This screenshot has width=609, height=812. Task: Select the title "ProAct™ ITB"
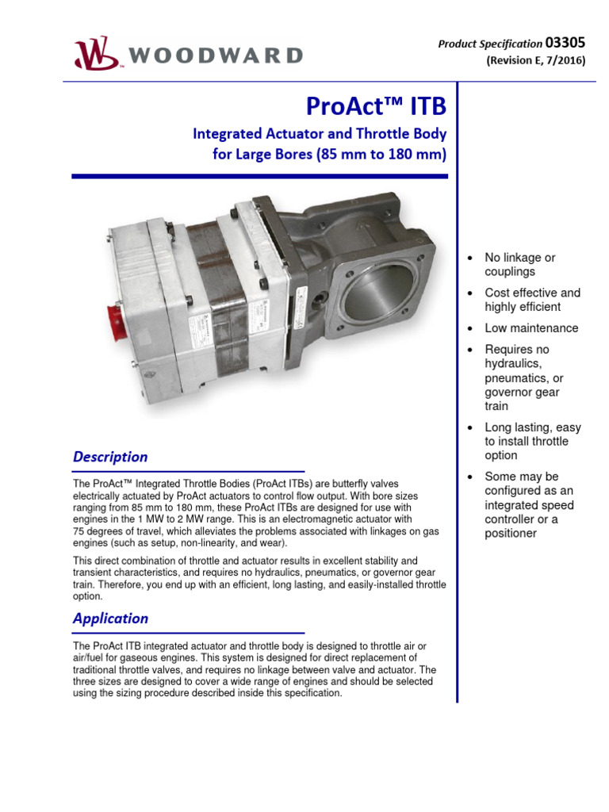pyautogui.click(x=376, y=107)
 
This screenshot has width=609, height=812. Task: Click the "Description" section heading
pyautogui.click(x=110, y=457)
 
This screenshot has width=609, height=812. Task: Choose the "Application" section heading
pyautogui.click(x=110, y=618)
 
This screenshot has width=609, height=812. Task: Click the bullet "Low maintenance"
pyautogui.click(x=531, y=328)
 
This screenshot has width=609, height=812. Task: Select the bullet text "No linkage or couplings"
pyautogui.click(x=520, y=265)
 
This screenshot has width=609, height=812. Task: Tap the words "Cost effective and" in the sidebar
pyautogui.click(x=532, y=293)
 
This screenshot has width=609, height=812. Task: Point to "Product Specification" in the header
pyautogui.click(x=490, y=44)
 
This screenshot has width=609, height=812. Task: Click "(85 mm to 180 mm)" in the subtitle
pyautogui.click(x=381, y=155)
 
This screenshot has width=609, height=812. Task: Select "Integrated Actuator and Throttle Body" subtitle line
pyautogui.click(x=320, y=134)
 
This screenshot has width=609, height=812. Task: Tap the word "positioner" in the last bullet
pyautogui.click(x=511, y=534)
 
